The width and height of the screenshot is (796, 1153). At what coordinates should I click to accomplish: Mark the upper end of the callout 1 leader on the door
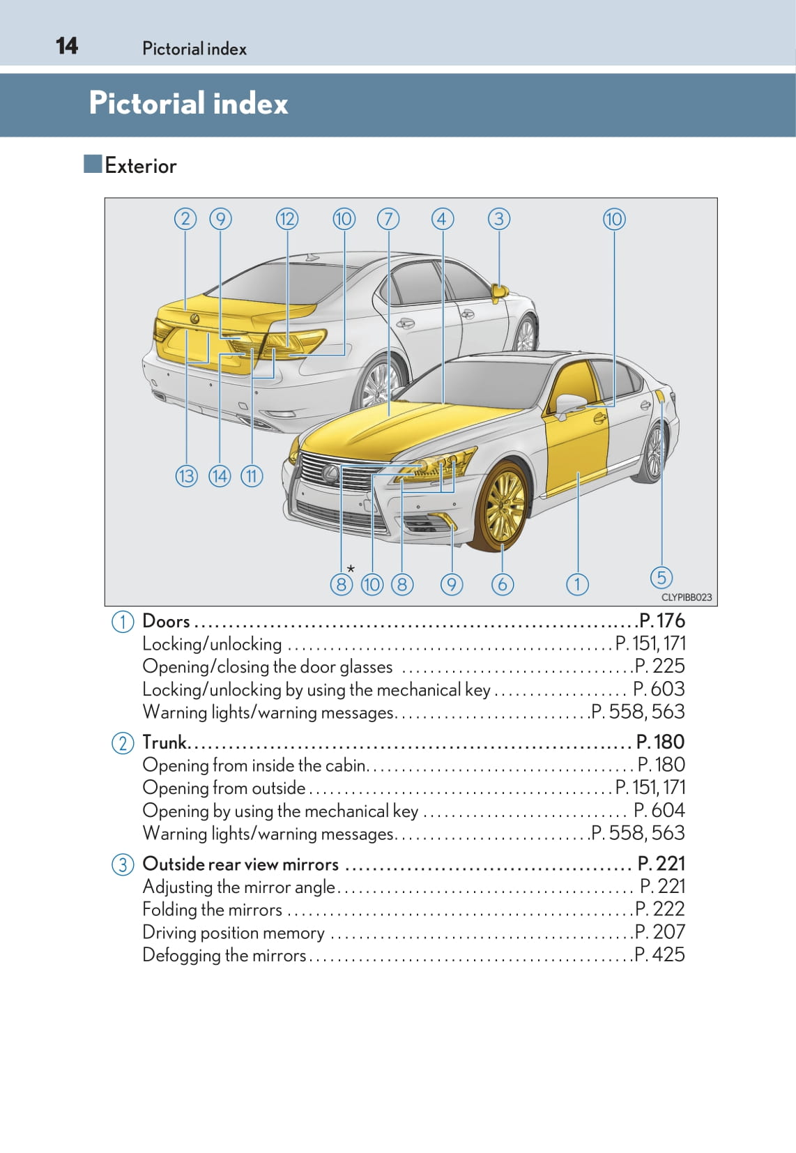(578, 472)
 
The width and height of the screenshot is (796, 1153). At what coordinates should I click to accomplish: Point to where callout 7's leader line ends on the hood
(388, 415)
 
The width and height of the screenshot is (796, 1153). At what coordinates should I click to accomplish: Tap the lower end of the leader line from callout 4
(443, 403)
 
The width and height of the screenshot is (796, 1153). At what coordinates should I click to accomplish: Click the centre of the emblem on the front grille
(330, 473)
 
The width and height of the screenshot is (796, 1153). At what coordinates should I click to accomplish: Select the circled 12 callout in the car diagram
(287, 220)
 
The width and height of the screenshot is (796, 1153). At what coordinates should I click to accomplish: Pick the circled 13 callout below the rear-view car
(186, 476)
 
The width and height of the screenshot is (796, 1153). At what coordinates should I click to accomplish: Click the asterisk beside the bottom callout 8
(351, 569)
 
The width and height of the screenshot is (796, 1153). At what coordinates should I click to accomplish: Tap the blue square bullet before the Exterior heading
(93, 164)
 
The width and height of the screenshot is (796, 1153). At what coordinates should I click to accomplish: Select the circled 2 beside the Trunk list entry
(123, 743)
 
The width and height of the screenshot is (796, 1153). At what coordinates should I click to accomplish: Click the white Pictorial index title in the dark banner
(188, 103)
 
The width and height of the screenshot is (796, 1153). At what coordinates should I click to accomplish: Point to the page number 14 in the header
(67, 46)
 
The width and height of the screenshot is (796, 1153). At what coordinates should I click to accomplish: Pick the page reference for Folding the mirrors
(659, 909)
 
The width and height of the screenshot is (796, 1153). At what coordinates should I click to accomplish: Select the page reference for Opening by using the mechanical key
(659, 810)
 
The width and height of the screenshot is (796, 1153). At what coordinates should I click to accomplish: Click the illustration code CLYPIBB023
(687, 597)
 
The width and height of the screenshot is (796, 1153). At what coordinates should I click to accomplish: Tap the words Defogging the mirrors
(224, 955)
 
